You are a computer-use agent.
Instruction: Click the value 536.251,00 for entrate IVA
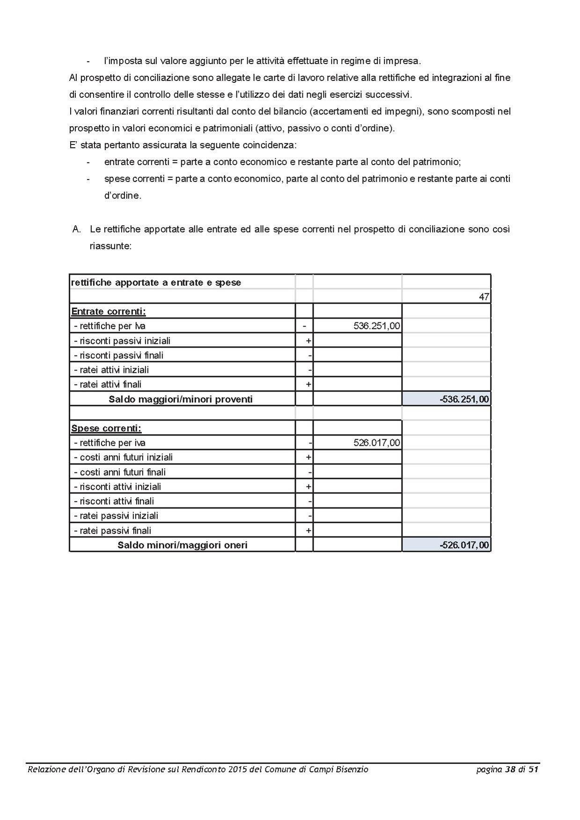(x=377, y=326)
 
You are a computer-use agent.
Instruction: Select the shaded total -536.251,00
(x=464, y=399)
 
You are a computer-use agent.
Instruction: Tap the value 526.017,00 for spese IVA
(x=377, y=443)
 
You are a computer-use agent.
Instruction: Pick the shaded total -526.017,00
(x=464, y=545)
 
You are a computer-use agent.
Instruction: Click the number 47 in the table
(x=484, y=297)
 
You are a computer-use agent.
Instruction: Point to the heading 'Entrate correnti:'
(x=108, y=312)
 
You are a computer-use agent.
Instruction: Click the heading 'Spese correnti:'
(x=106, y=428)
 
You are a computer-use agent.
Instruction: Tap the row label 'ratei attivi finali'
(x=108, y=385)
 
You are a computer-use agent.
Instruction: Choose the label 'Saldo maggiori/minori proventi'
(x=181, y=399)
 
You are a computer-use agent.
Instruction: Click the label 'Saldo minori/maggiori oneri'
(x=183, y=545)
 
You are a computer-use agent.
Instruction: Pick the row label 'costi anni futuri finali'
(x=120, y=472)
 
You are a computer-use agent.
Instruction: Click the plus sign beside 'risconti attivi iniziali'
(x=308, y=486)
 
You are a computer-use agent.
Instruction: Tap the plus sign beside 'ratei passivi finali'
(x=308, y=530)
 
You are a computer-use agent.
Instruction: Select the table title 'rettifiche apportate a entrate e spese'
(x=156, y=283)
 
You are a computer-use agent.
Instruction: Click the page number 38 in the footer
(x=510, y=769)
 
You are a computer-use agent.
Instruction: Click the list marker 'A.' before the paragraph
(x=77, y=229)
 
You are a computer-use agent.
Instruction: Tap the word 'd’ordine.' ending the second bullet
(x=123, y=196)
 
